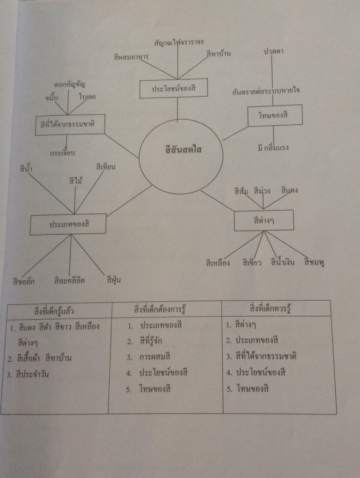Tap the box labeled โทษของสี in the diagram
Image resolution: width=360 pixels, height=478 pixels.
coord(275,115)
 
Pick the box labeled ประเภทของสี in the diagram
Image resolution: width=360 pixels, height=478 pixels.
coord(69,224)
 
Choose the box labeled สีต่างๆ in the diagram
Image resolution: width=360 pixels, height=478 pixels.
coord(264,220)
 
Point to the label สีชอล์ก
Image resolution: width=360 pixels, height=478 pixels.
coord(24,281)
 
